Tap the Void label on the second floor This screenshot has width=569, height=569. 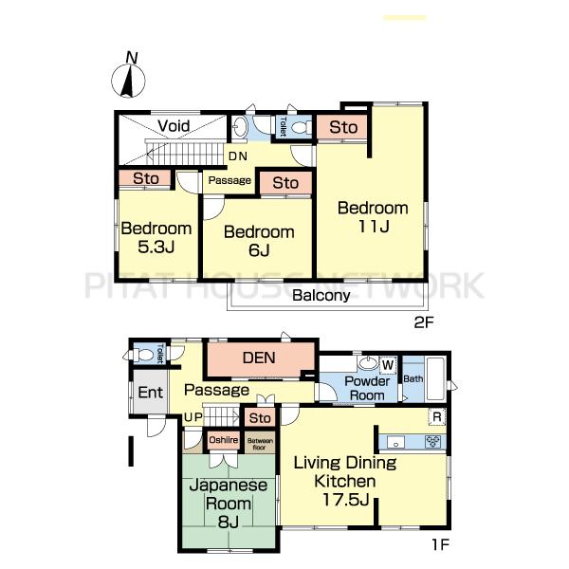click(x=174, y=126)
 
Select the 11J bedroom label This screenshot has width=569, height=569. click(x=373, y=216)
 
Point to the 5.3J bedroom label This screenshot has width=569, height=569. click(x=156, y=237)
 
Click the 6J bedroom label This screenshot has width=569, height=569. click(x=259, y=241)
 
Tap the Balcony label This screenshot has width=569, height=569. click(x=321, y=295)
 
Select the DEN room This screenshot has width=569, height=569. click(x=261, y=358)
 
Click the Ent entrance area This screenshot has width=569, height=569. click(x=150, y=392)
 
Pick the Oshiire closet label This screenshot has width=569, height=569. click(x=224, y=440)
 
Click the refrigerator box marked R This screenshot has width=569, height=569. click(x=437, y=417)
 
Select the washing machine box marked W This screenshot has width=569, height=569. click(x=388, y=365)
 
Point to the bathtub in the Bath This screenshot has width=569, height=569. click(x=435, y=378)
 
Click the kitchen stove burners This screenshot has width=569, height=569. click(x=433, y=442)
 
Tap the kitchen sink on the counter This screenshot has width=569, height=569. click(x=395, y=443)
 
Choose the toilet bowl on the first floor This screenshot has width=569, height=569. click(x=145, y=355)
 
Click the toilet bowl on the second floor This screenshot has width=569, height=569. click(x=301, y=128)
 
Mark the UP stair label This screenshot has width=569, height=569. click(x=193, y=417)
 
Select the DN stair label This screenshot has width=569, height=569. click(x=238, y=156)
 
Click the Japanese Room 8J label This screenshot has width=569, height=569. click(x=229, y=504)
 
